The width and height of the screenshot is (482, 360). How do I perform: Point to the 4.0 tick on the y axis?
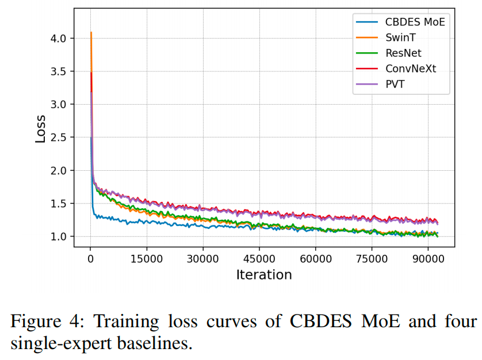click(x=59, y=38)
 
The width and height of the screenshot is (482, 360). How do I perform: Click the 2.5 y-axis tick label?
click(x=59, y=137)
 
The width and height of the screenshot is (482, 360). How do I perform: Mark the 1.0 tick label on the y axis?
click(x=59, y=236)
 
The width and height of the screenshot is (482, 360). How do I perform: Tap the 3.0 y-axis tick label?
click(x=59, y=104)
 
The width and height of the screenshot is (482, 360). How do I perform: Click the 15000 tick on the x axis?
click(x=146, y=258)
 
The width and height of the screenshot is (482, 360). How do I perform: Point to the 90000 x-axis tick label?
click(x=428, y=258)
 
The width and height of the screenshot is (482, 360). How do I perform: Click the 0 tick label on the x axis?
click(x=90, y=258)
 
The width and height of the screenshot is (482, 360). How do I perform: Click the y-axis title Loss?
click(x=40, y=128)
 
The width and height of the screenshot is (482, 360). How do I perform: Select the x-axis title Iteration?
click(x=264, y=275)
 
